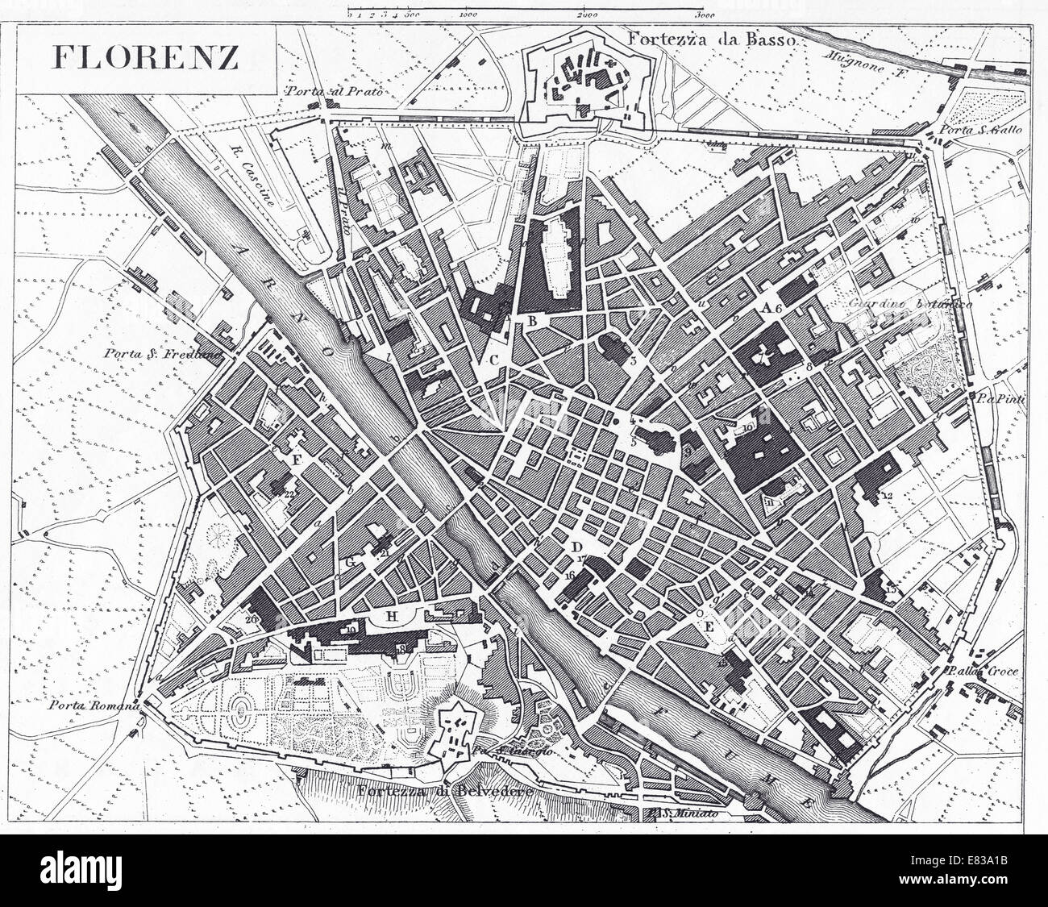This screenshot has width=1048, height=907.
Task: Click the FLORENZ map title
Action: pos(145,57)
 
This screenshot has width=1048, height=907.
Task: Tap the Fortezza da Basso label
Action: pos(713,39)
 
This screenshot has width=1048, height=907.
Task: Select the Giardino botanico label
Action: pos(909,305)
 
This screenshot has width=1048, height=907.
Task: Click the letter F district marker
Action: pos(296,460)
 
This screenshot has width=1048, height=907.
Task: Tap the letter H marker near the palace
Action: pos(393,617)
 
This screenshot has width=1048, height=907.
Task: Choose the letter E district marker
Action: pos(709,626)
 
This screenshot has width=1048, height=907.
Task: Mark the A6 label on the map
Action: pos(771,309)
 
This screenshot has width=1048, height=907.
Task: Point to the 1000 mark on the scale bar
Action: pos(466,15)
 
